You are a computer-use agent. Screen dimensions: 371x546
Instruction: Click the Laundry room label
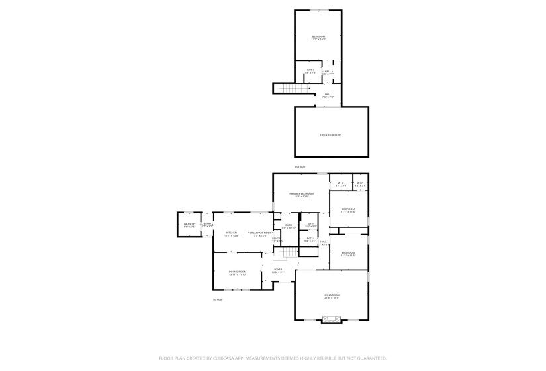[x=190, y=225]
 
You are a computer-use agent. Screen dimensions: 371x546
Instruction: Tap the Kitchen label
[x=232, y=233]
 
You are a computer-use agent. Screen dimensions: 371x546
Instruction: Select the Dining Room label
[x=238, y=272]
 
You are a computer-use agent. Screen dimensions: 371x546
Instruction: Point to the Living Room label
[x=332, y=296]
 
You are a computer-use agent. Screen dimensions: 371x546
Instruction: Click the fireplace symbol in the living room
[x=332, y=320]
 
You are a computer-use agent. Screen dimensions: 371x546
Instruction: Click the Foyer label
[x=279, y=270]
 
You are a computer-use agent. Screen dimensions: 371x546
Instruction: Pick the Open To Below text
[x=330, y=134]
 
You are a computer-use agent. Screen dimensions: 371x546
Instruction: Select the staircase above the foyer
[x=288, y=253]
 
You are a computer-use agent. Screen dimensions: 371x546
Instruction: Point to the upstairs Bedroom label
[x=318, y=37]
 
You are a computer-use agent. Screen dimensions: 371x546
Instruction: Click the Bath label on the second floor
[x=310, y=71]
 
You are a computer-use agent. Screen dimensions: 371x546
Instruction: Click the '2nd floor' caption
[x=300, y=166]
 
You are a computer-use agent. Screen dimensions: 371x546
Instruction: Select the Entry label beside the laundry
[x=207, y=224]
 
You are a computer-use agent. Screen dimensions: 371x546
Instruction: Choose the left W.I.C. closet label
[x=341, y=184]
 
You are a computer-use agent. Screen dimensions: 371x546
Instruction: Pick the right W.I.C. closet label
[x=361, y=184]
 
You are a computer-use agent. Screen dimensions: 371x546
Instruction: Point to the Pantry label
[x=276, y=239]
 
